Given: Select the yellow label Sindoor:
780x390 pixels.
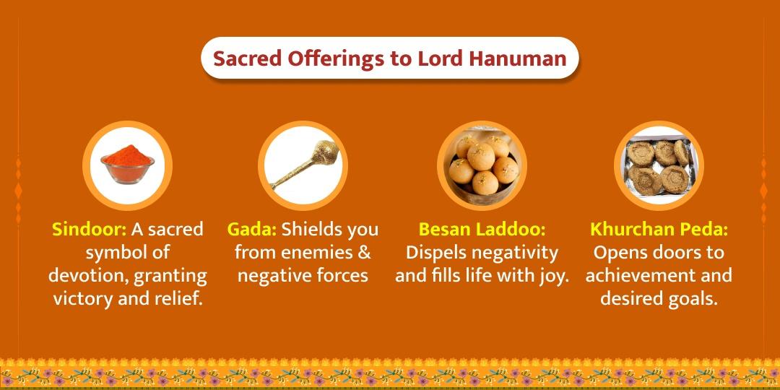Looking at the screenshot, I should (89, 230).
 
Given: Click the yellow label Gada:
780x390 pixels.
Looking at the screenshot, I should (252, 230).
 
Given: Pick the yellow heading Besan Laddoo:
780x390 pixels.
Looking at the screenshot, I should (482, 230).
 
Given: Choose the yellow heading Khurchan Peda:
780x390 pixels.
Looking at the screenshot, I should (659, 230).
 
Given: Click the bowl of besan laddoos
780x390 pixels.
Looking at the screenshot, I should (482, 165).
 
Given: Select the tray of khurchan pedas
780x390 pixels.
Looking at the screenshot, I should (659, 165).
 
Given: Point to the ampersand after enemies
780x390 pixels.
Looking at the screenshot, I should (365, 253).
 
